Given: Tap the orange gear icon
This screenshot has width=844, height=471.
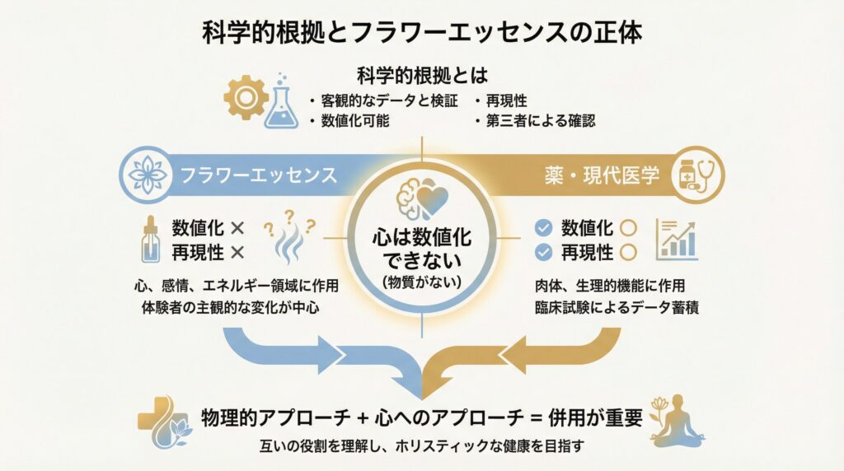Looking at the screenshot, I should pos(245,97).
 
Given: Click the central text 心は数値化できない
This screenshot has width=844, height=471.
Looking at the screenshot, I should pos(421,246).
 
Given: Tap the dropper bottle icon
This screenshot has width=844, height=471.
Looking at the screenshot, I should pos(151,240).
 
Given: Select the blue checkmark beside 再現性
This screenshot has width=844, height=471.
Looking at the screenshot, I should pos(543,252).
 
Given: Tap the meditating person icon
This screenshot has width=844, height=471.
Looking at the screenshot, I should pos(677,422).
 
